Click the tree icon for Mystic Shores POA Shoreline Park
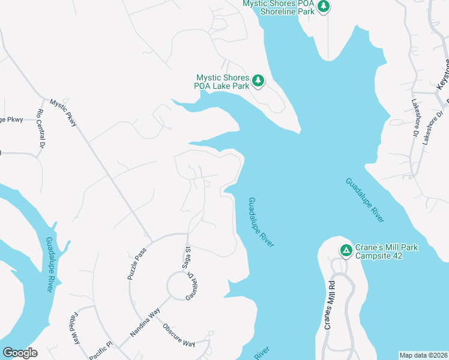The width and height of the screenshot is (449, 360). pos(324,7)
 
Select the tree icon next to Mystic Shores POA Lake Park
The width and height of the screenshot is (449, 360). pos(258,80)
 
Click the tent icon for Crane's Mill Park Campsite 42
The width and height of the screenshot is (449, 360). pos(346,251)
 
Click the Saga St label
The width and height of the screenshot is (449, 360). pos(187,256)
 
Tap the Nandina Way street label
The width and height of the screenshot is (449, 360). pos(145,323)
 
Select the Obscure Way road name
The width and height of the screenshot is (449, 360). pos(179,335)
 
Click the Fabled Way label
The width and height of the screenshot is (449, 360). pos(75,327)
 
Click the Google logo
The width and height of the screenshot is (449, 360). pos(20,352)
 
